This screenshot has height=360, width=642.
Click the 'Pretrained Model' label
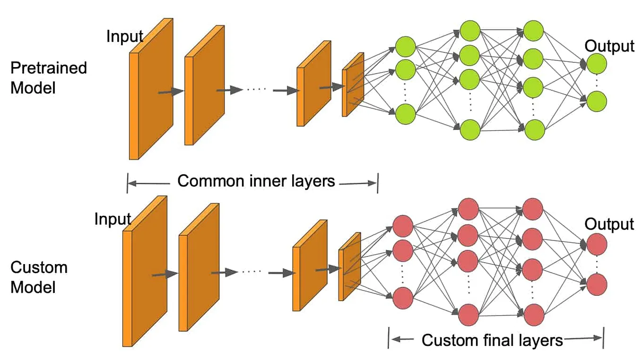click(x=49, y=77)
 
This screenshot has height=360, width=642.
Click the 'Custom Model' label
click(x=39, y=277)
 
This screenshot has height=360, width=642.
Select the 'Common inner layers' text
click(x=256, y=181)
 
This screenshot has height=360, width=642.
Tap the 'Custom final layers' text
click(x=492, y=340)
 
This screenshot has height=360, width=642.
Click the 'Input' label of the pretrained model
click(x=125, y=36)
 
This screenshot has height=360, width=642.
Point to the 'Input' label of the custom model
click(x=113, y=219)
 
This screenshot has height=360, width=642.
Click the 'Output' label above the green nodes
click(x=609, y=46)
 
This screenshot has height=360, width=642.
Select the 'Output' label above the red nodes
click(x=609, y=224)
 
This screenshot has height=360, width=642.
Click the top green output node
click(x=596, y=63)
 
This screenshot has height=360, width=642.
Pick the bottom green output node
click(x=596, y=102)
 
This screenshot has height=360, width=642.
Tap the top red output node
click(x=596, y=244)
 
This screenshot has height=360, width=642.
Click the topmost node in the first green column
click(x=405, y=47)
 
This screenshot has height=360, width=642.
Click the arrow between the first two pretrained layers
click(x=170, y=92)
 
